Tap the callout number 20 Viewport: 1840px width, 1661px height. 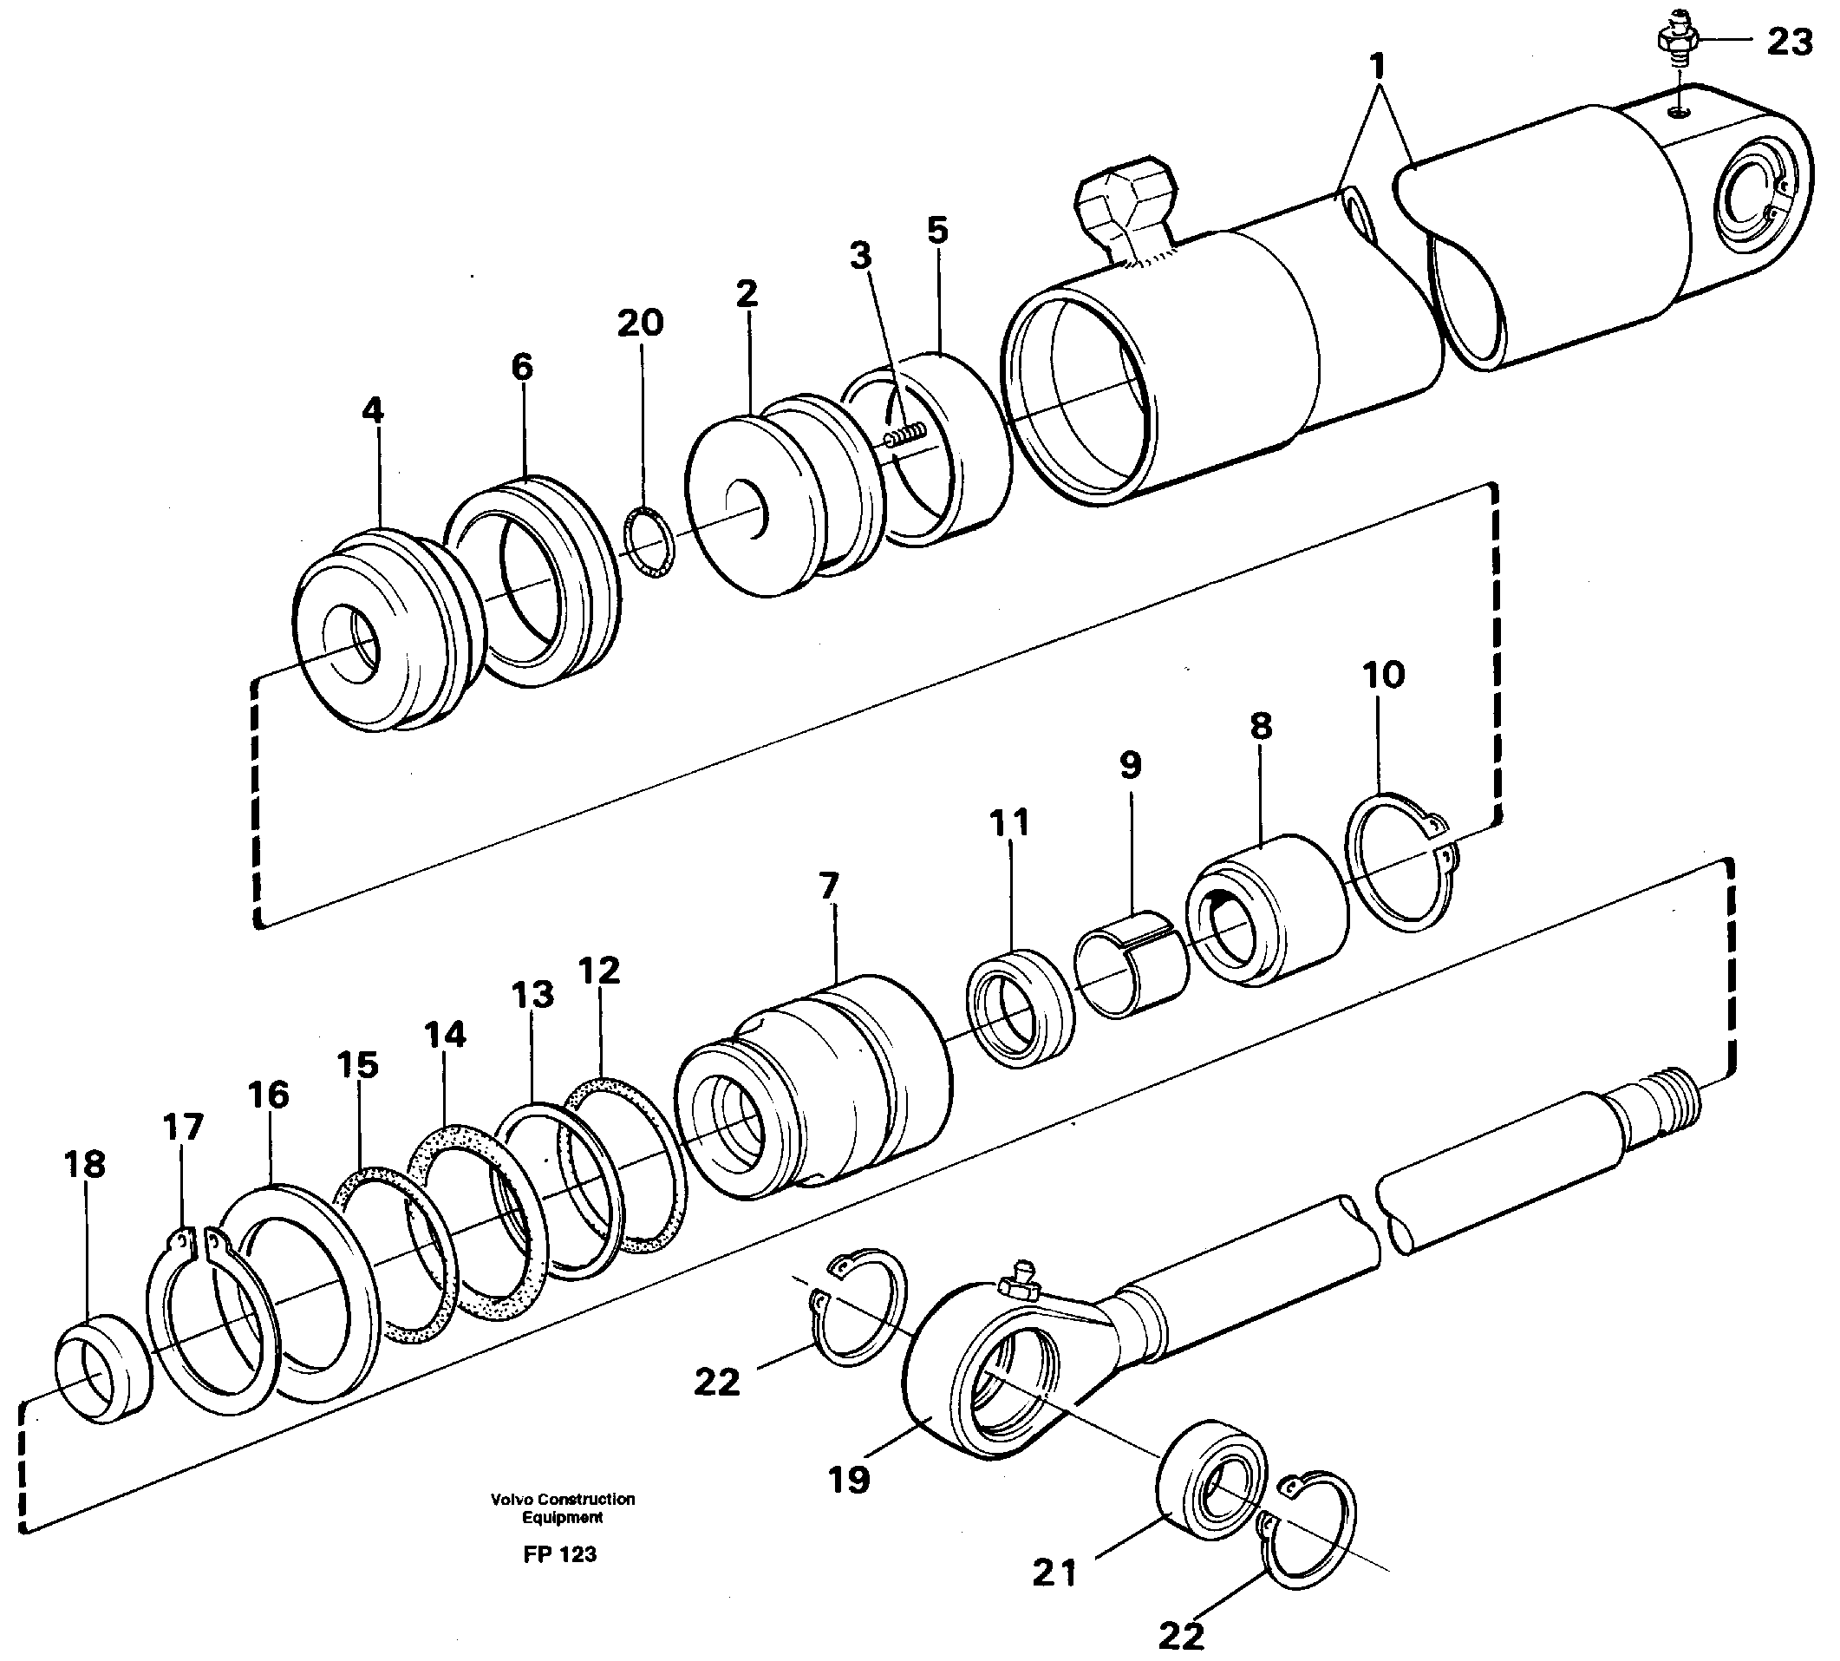click(x=641, y=322)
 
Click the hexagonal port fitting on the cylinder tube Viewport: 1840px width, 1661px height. click(x=1124, y=199)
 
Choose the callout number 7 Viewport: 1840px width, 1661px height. click(x=828, y=886)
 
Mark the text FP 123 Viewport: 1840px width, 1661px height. click(x=560, y=1554)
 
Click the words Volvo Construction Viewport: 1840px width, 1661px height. click(x=562, y=1499)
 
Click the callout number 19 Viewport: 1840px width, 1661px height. click(x=849, y=1480)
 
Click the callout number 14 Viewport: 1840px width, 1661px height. click(x=445, y=1034)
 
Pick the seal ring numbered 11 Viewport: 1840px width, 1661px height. click(x=1020, y=1008)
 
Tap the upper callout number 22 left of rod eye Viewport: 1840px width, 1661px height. click(x=716, y=1383)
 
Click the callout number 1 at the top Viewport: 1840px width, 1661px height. click(x=1378, y=67)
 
